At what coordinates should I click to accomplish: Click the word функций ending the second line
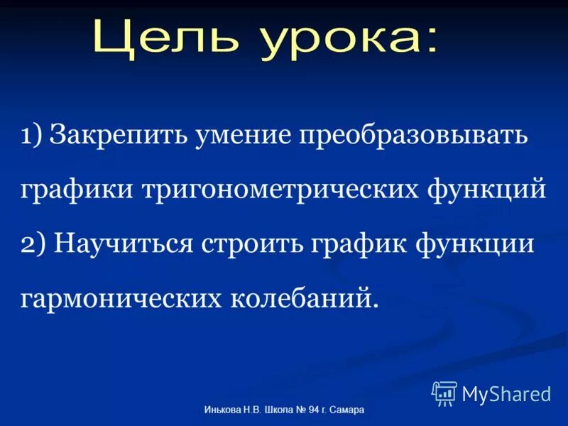(x=487, y=190)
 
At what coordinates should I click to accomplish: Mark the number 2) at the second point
(x=33, y=244)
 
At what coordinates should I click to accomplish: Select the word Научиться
(x=124, y=245)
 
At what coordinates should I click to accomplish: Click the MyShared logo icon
(x=444, y=393)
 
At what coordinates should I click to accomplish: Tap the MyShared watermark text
(x=506, y=393)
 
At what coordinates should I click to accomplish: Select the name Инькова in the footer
(x=222, y=410)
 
